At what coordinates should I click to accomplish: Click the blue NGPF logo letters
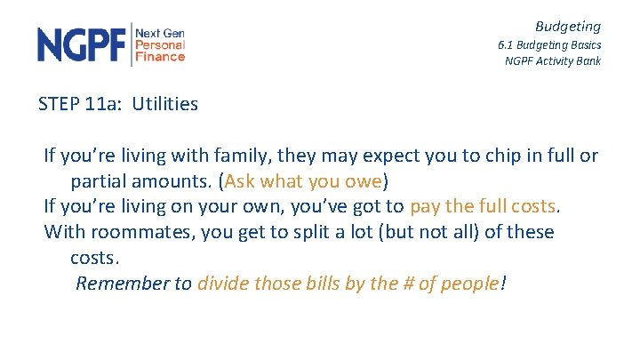click(83, 44)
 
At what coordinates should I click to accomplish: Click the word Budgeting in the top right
click(567, 27)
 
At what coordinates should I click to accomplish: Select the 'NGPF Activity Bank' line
click(552, 61)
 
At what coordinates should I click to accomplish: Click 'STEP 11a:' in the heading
click(81, 104)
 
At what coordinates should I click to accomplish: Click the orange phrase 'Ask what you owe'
click(303, 182)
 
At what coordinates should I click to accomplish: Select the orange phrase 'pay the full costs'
click(483, 207)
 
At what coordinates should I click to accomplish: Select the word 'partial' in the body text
click(99, 182)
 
